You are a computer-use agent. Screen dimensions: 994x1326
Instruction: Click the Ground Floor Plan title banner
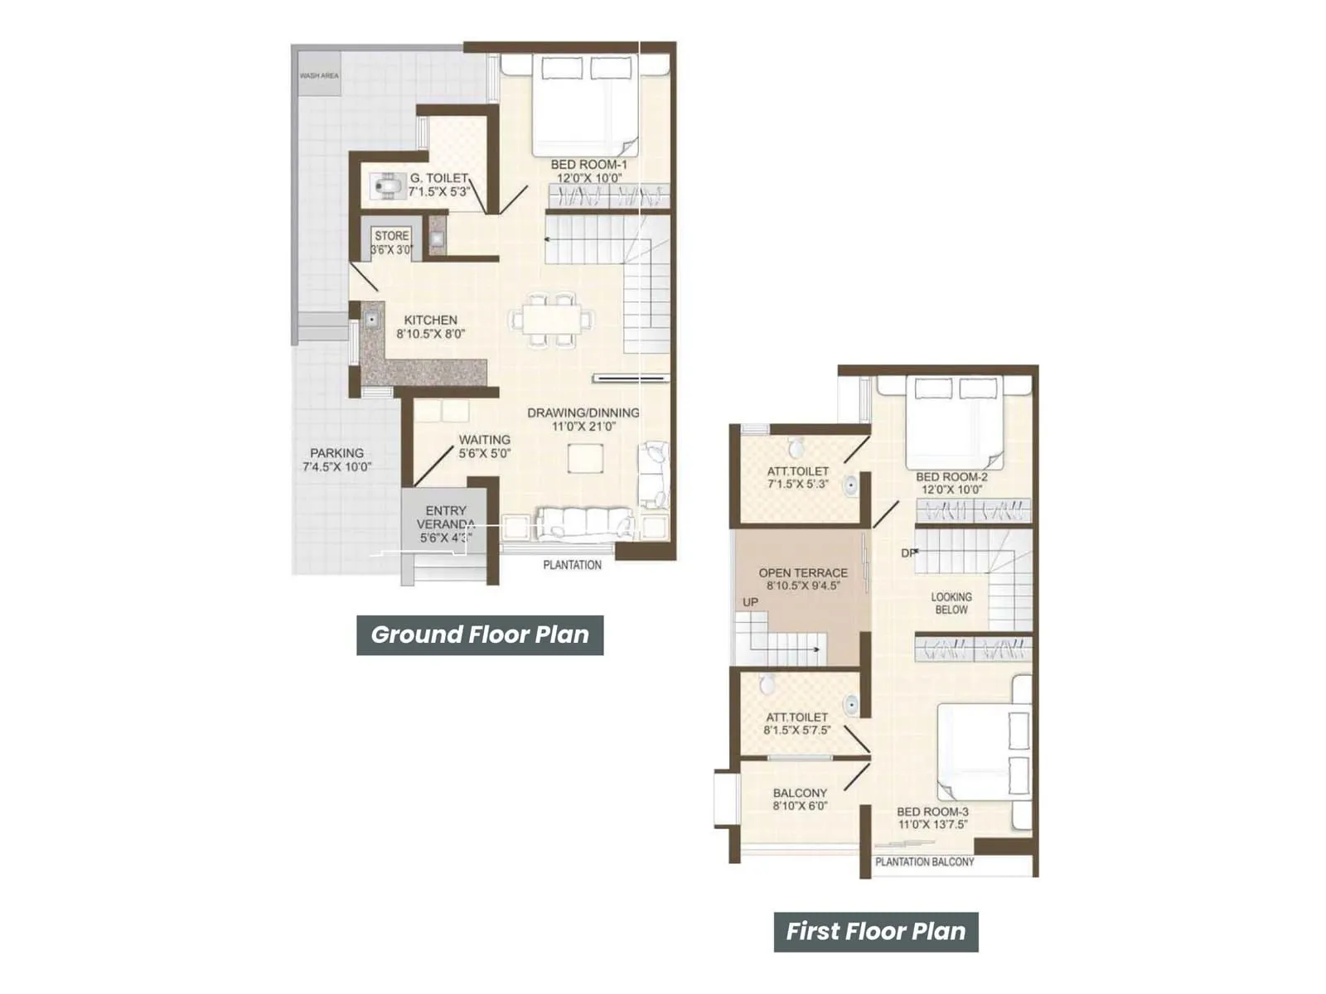(480, 635)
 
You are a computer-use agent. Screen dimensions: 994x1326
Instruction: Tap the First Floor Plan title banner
(876, 932)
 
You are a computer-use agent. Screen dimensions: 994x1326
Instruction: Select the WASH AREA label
(319, 75)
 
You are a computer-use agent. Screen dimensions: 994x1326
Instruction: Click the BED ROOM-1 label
(588, 165)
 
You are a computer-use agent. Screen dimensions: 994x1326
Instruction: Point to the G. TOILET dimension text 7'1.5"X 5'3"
(439, 191)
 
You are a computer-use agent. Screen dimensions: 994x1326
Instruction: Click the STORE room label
(391, 236)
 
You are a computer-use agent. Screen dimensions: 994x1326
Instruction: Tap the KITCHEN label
(430, 320)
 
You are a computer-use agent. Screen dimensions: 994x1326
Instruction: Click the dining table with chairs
(552, 319)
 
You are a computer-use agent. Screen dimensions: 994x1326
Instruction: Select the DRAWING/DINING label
(583, 413)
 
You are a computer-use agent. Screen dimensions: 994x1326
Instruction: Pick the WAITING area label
(485, 440)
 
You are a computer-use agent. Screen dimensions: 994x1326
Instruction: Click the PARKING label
(336, 453)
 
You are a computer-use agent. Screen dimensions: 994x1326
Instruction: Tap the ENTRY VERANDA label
(446, 518)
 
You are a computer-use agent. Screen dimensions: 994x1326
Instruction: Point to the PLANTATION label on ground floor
(572, 565)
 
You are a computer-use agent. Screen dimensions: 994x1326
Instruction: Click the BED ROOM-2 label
(951, 477)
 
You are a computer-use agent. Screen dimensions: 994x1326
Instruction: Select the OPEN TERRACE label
(803, 572)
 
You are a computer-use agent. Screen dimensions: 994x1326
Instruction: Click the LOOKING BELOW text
(951, 603)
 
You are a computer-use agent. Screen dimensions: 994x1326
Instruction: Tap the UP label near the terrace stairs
(750, 602)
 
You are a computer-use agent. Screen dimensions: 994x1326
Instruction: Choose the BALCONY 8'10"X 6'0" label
(800, 793)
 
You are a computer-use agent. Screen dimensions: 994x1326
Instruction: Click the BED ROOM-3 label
(932, 812)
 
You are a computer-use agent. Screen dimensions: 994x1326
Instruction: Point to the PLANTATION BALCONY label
(925, 861)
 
